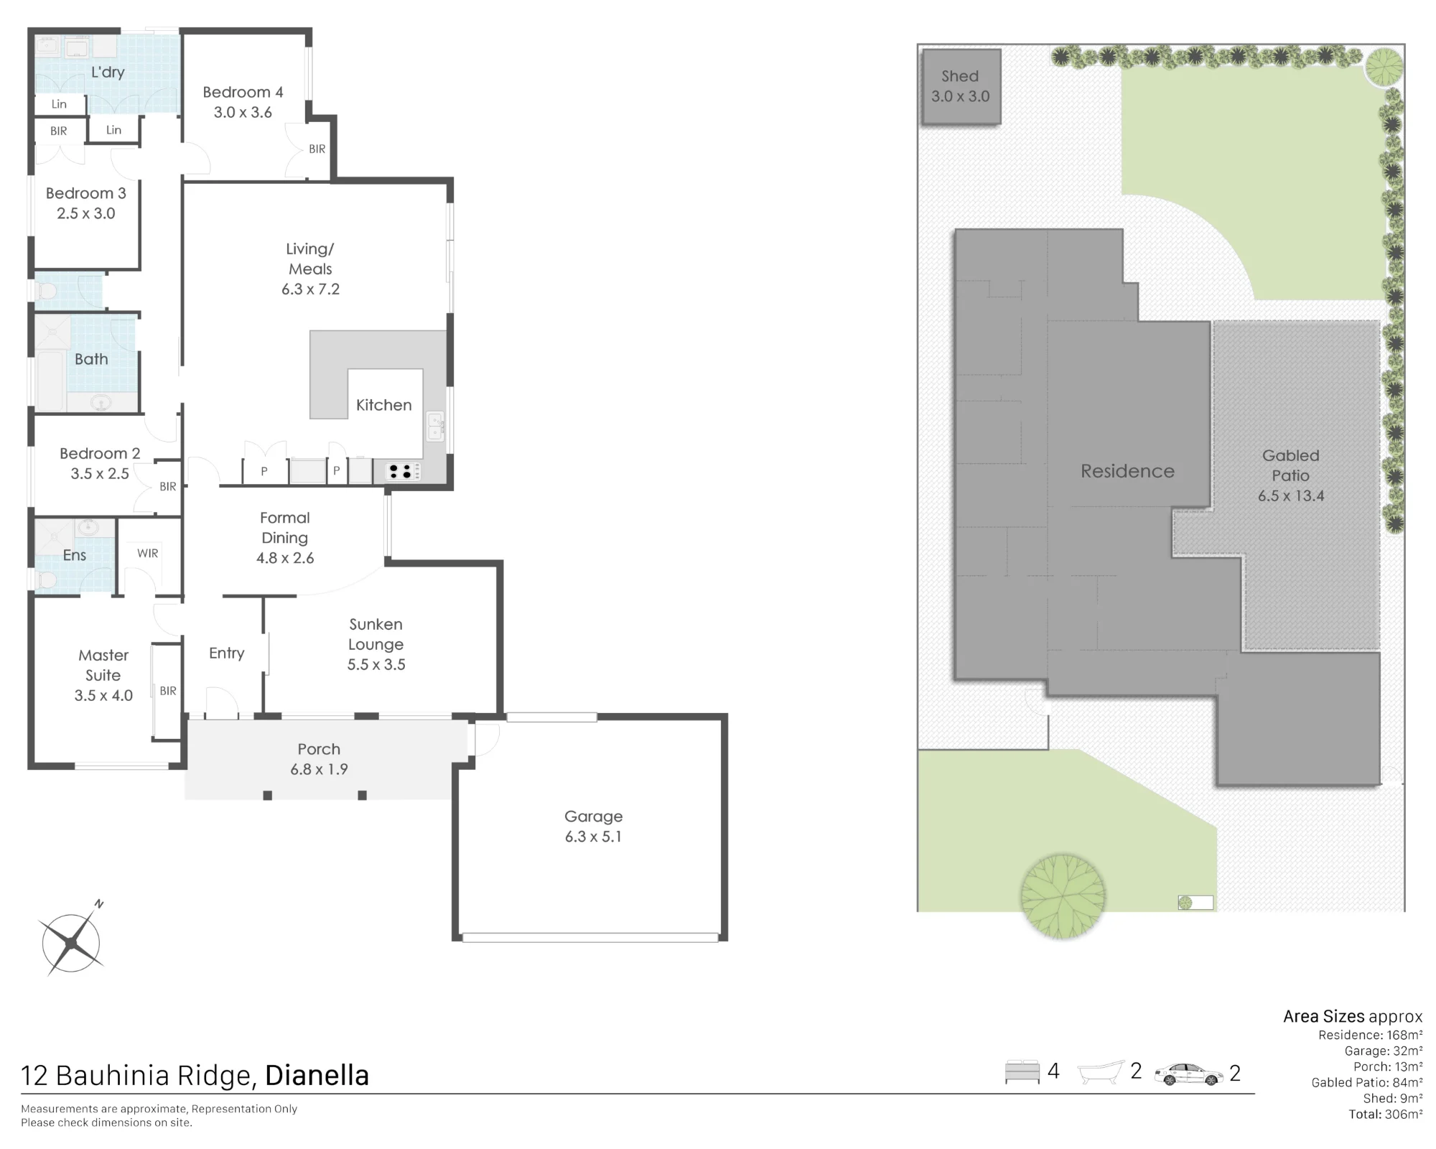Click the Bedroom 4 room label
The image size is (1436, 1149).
243,92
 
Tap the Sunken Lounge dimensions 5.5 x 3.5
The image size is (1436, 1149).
376,665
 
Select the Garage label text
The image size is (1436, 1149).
593,817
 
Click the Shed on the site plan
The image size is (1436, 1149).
961,87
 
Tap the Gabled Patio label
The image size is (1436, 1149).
1291,465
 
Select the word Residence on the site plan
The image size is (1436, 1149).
1127,471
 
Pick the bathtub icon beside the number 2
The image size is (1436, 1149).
1101,1072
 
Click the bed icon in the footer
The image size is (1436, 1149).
1022,1071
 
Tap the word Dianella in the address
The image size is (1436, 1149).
317,1075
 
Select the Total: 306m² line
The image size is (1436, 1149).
1386,1114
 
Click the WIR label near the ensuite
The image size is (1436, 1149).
148,553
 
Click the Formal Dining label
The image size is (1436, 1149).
285,528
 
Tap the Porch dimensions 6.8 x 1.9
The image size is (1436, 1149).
319,769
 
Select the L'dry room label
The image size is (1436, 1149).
108,72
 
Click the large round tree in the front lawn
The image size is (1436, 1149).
1063,896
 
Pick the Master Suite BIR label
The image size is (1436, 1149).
168,691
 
